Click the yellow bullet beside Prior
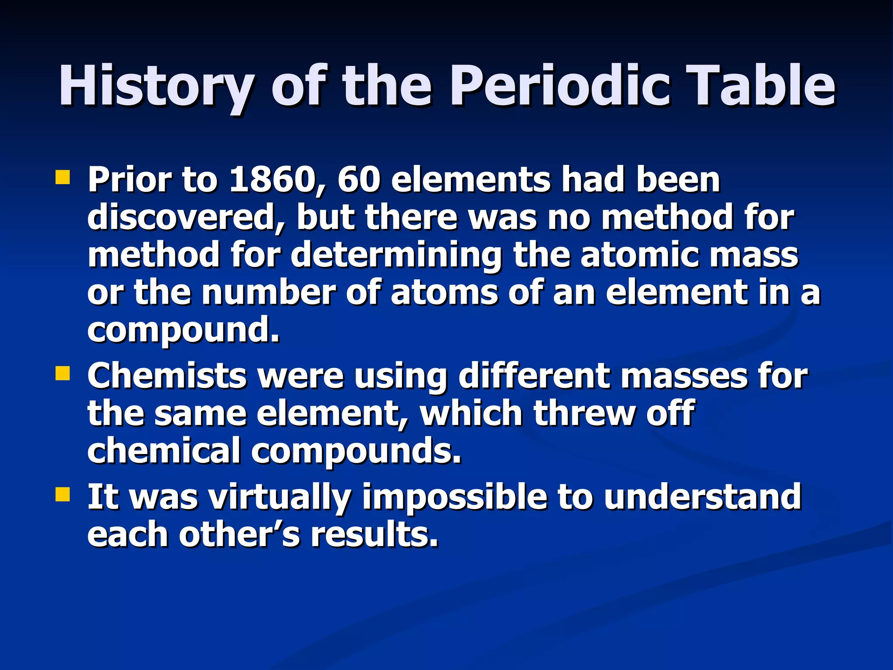tap(63, 178)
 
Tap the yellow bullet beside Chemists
tap(63, 373)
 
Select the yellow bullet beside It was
tap(63, 495)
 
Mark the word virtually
tap(279, 498)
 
